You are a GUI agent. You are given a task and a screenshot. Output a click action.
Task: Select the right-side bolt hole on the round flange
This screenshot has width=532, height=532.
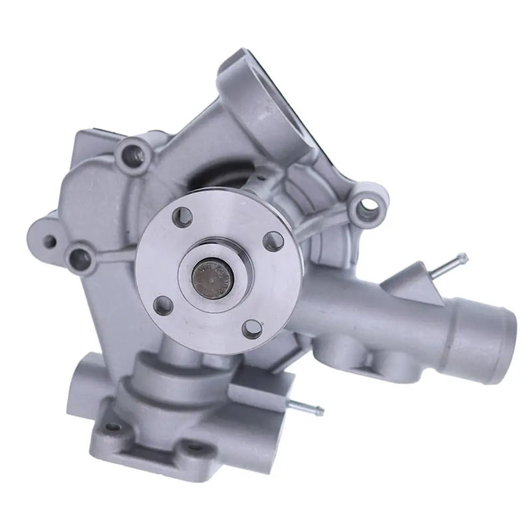272,241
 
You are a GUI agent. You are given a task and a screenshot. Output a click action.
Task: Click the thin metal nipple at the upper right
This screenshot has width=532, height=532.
455,261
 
